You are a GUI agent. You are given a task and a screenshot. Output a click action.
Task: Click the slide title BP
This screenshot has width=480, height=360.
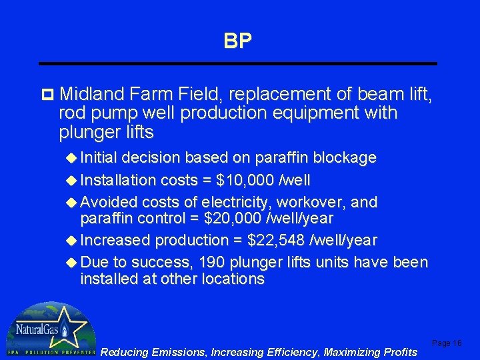[238, 41]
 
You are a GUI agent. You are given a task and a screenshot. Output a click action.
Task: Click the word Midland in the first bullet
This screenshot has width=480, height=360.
[93, 95]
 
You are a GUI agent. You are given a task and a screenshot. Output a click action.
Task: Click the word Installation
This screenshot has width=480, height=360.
[117, 180]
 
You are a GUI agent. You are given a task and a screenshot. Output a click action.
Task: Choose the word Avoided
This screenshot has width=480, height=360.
[108, 202]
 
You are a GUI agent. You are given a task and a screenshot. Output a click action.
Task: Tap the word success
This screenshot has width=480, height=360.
[167, 262]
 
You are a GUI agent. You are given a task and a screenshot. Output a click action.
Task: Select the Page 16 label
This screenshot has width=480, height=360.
[447, 343]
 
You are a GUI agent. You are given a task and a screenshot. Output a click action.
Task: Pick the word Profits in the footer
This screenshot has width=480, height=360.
[398, 351]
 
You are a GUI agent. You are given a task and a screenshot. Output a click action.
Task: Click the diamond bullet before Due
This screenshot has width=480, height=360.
[72, 262]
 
